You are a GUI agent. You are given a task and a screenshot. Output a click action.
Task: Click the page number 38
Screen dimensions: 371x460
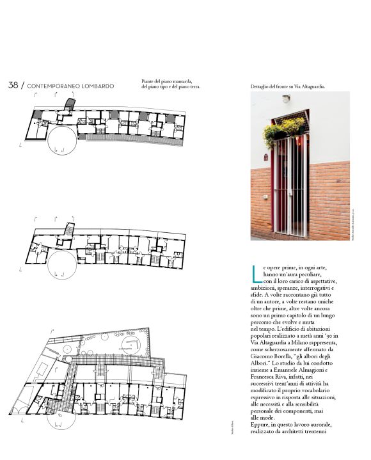point(13,85)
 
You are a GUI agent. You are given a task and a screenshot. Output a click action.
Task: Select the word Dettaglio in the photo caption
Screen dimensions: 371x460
point(262,86)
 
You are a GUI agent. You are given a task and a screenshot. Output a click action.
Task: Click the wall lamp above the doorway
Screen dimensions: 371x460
point(286,99)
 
